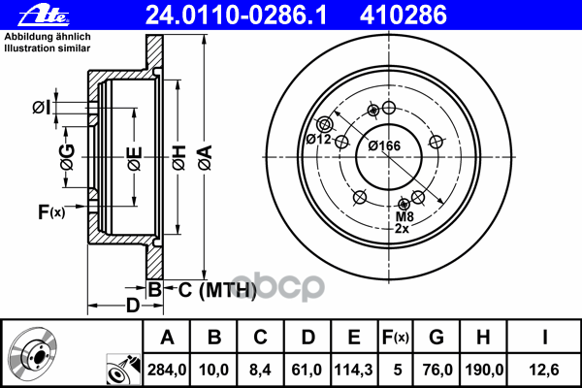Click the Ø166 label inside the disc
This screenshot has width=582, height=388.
click(x=384, y=145)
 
